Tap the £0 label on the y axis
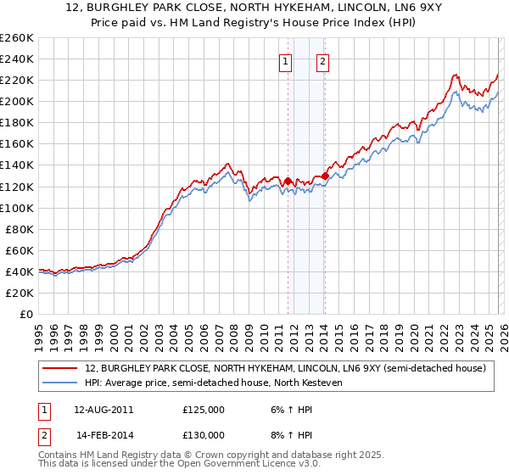click(x=25, y=314)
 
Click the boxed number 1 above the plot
click(x=286, y=61)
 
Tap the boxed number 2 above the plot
click(x=324, y=61)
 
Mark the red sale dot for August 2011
click(x=288, y=181)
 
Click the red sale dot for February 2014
click(x=326, y=176)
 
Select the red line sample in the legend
click(x=61, y=368)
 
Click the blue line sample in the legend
click(x=61, y=383)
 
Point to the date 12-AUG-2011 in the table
click(x=103, y=409)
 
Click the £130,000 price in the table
click(x=203, y=434)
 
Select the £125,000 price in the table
click(x=203, y=409)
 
